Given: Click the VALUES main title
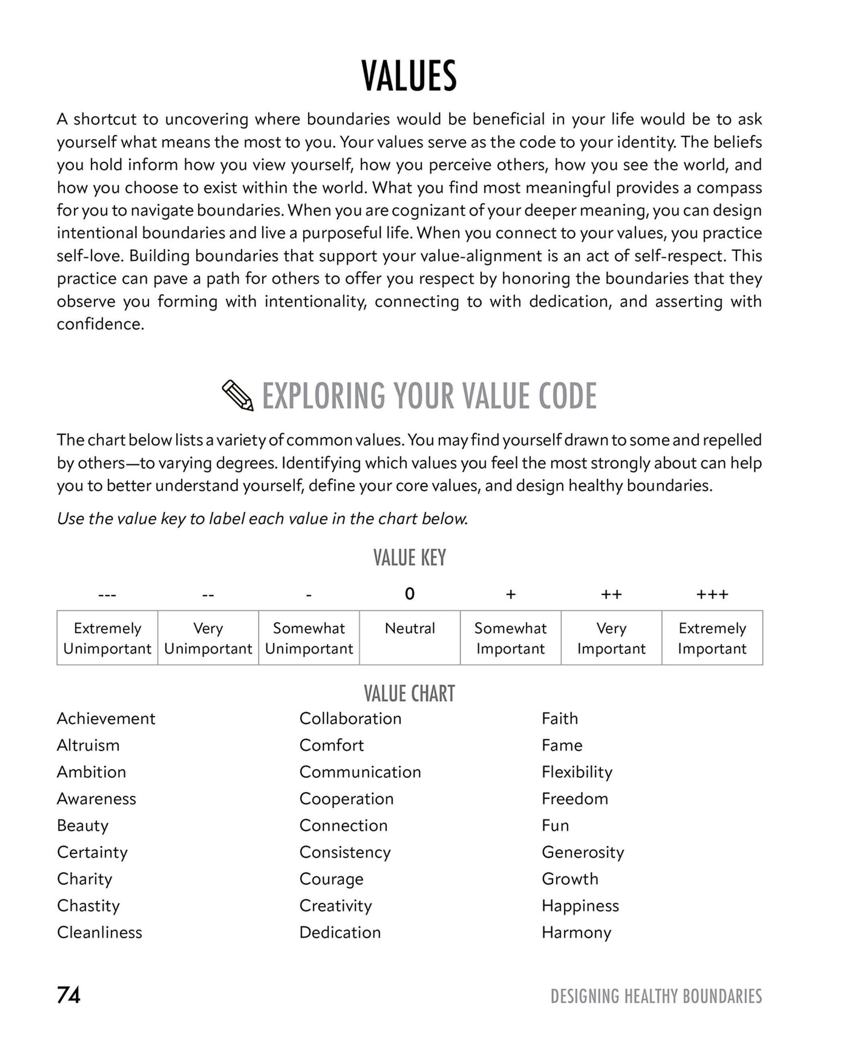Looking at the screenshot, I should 409,76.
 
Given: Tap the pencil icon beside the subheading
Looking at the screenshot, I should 238,395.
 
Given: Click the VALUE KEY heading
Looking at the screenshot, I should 409,557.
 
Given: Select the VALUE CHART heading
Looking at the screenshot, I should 409,694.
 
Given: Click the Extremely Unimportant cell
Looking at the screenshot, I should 107,638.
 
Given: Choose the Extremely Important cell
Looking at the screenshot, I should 712,638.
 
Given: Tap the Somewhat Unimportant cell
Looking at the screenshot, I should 309,638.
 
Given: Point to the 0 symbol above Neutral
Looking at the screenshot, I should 409,594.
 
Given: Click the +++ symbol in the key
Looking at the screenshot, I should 712,595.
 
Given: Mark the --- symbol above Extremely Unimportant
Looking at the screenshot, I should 107,595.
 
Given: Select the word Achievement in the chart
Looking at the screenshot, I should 106,718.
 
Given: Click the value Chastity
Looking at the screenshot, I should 88,906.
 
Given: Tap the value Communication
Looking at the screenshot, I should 360,772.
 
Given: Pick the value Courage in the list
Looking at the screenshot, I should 331,879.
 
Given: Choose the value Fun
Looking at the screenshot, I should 555,825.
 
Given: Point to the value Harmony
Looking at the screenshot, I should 576,932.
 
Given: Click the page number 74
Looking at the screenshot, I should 69,995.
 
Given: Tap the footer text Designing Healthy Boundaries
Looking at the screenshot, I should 656,996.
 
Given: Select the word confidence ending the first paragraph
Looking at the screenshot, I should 101,324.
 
